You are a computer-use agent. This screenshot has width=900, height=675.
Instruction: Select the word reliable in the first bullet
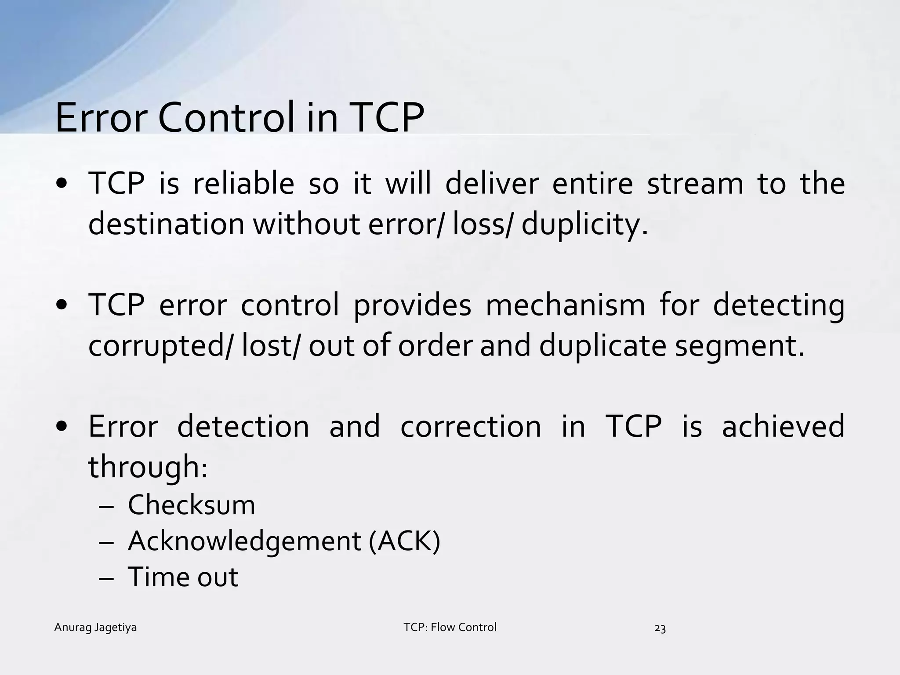click(243, 184)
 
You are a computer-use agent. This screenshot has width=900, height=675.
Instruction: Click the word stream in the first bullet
click(695, 184)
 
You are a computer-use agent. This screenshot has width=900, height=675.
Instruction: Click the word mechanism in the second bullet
click(565, 305)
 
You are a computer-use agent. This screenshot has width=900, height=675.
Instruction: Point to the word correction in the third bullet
click(471, 426)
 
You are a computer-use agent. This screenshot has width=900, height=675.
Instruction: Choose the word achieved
click(783, 426)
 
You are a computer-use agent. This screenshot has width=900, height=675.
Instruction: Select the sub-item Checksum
click(191, 505)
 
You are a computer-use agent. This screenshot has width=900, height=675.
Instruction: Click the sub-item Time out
click(183, 577)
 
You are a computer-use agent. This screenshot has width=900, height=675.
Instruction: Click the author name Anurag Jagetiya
click(95, 628)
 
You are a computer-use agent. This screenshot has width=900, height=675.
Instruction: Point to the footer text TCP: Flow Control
click(450, 627)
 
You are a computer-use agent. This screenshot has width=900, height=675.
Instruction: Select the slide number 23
click(660, 629)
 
